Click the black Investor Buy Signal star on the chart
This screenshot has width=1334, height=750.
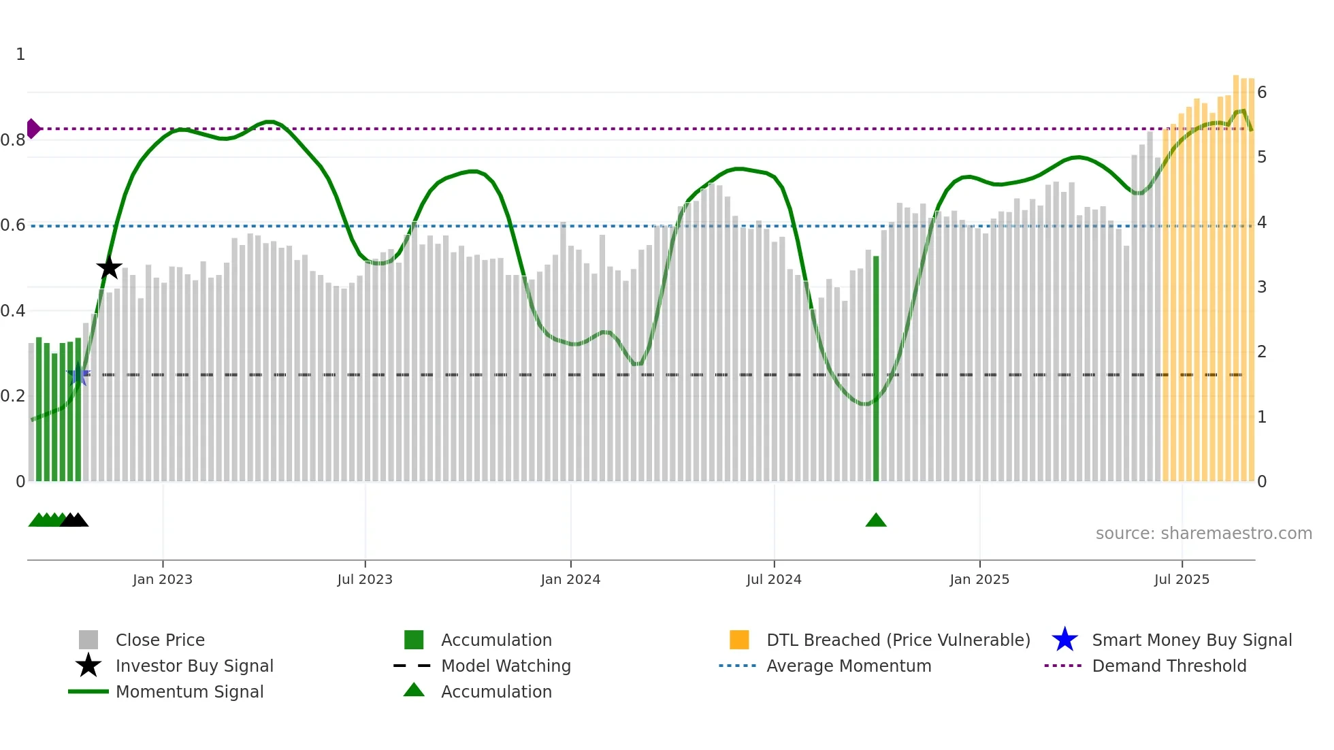tap(109, 267)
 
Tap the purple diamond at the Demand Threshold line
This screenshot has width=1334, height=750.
tap(33, 129)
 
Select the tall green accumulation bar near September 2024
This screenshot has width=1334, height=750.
tap(876, 368)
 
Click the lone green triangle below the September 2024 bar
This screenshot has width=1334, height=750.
tap(876, 521)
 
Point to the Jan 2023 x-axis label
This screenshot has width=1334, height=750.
tap(163, 579)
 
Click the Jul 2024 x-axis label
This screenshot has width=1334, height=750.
tap(774, 579)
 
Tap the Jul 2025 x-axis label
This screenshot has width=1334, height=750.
tap(1182, 579)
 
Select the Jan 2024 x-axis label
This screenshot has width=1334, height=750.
tap(570, 579)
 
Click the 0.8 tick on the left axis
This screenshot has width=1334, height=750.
tap(13, 140)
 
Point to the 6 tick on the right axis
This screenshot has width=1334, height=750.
tap(1262, 93)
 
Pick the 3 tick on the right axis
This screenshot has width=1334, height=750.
tap(1262, 287)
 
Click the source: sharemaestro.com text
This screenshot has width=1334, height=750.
tap(1203, 534)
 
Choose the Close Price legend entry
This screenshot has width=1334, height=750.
tap(160, 640)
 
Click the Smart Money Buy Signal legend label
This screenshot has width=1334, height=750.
tap(1192, 640)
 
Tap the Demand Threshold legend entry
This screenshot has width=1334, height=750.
tap(1169, 666)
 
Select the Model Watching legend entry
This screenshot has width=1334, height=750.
tap(506, 666)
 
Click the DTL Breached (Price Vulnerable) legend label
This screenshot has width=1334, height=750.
tap(898, 640)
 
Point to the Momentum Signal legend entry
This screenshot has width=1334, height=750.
tap(189, 692)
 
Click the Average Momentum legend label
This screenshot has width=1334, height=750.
tap(849, 666)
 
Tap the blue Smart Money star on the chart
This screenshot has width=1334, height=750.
tap(78, 374)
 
